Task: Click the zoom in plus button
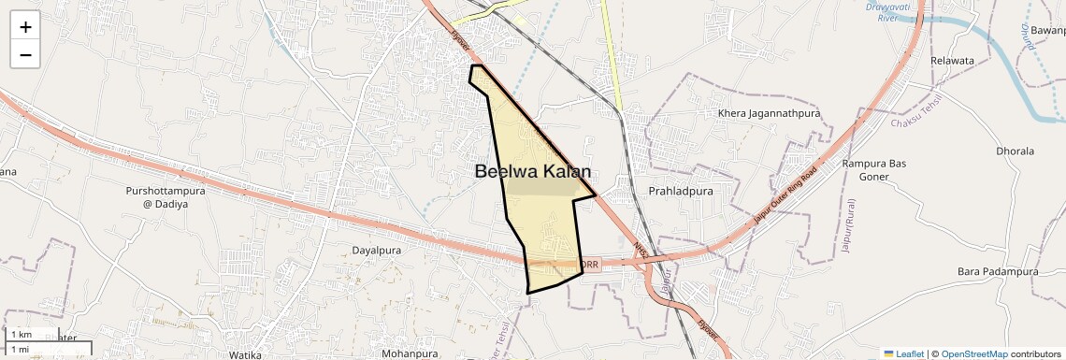point(25,27)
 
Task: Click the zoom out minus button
point(25,54)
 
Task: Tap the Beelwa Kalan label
point(533,171)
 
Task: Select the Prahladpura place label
point(681,191)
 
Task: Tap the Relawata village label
point(952,61)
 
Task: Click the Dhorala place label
point(1016,151)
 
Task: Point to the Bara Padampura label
point(998,271)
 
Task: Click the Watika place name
point(245,354)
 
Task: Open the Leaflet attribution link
point(904,353)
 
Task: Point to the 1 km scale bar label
point(22,335)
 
